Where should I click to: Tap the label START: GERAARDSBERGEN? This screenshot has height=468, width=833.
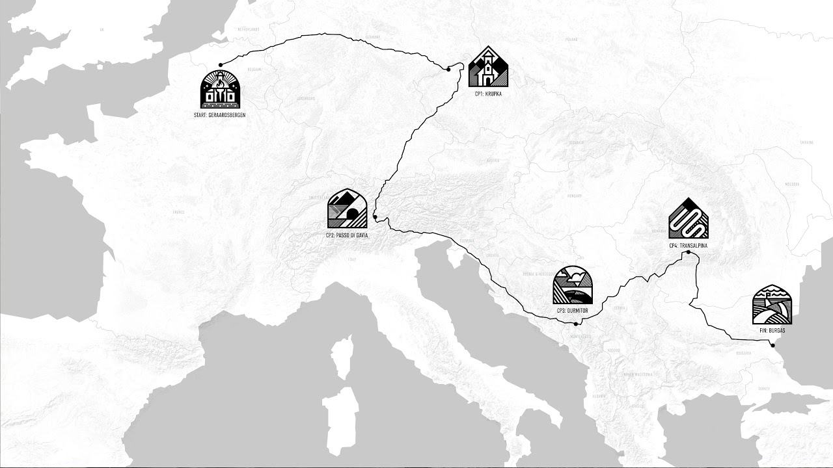tap(219, 114)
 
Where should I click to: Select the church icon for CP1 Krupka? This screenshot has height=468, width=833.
tap(488, 67)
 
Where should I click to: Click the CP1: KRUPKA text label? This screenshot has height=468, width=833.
tap(489, 94)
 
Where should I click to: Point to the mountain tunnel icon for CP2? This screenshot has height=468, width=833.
tap(347, 209)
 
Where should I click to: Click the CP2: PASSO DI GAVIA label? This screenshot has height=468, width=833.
tap(347, 235)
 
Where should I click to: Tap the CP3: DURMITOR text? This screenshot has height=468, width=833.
tap(572, 311)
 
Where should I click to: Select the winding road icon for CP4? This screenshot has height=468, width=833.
tap(688, 218)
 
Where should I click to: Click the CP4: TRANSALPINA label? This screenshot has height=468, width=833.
tap(688, 245)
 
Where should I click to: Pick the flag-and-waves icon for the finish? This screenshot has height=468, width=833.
tap(772, 305)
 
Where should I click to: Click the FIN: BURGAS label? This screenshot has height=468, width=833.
tap(772, 330)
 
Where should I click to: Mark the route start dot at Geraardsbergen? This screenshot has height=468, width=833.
tap(221, 64)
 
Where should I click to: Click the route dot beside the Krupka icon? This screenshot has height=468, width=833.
tap(448, 69)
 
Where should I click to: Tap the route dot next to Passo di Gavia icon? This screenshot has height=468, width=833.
tap(376, 217)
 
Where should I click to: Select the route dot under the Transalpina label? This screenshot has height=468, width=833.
tap(688, 252)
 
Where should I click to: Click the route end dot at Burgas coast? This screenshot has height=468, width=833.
tap(772, 346)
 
